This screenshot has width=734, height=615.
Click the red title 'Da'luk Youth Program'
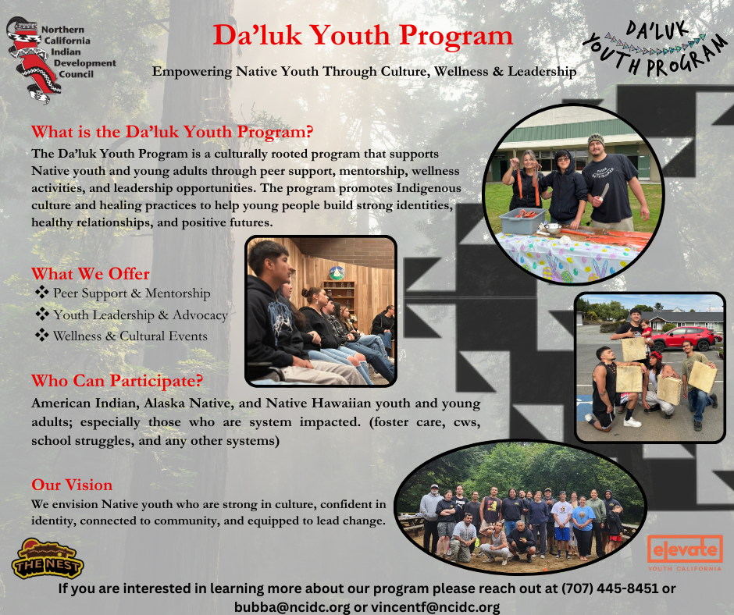coord(363,35)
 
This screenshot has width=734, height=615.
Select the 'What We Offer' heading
coord(91,274)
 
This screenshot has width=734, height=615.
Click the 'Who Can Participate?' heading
coord(117,382)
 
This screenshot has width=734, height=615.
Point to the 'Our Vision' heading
coord(72,485)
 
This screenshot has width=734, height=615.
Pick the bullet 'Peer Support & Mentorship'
coord(131,293)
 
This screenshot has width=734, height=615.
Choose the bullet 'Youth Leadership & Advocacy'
coord(140,315)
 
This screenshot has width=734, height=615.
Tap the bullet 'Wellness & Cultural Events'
coord(130,336)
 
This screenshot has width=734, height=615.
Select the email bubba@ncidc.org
coord(292,607)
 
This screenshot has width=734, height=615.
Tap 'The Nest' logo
coord(48,558)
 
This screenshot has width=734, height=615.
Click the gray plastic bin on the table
coord(522,221)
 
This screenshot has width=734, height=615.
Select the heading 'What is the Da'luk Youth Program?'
coord(172,131)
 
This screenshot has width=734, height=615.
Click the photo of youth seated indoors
coord(321,311)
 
